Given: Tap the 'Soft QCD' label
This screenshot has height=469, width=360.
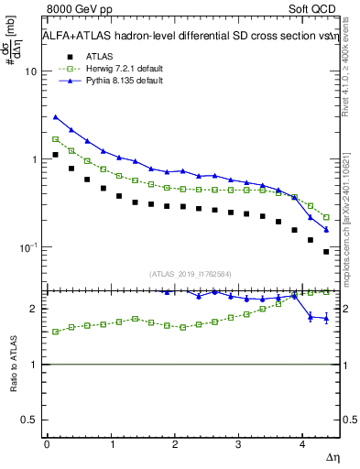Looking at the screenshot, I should [317, 9].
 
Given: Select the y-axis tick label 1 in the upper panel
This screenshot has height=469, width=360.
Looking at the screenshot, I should [35, 159].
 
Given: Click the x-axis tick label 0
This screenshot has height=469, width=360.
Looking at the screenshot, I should [47, 443].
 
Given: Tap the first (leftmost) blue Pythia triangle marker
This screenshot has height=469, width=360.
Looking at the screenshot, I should [56, 117].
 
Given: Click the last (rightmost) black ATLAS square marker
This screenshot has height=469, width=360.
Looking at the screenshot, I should [326, 252].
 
